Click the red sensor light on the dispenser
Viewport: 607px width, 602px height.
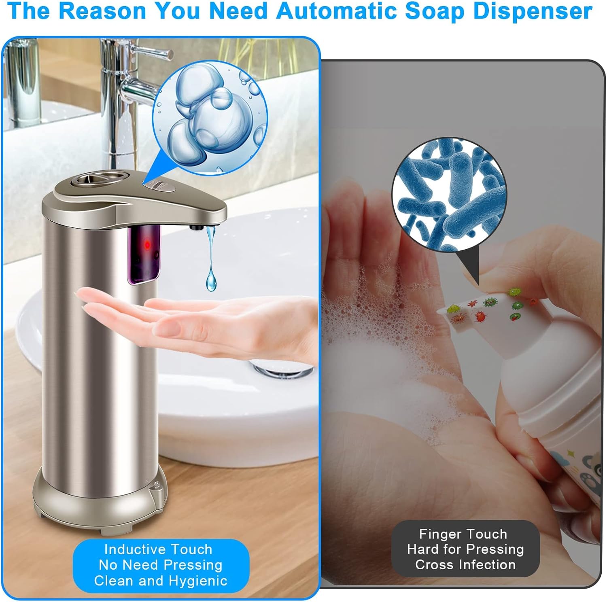click(147, 244)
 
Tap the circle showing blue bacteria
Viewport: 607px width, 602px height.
click(449, 195)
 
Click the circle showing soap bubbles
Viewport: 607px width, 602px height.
click(210, 118)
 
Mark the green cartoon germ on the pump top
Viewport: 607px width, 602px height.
click(514, 291)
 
